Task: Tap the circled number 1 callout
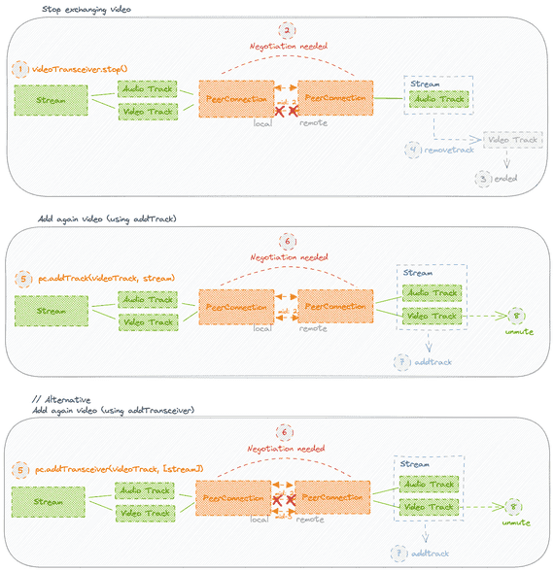(x=20, y=69)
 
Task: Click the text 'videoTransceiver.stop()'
(x=80, y=69)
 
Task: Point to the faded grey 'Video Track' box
(x=511, y=140)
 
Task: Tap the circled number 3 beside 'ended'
(x=481, y=179)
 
